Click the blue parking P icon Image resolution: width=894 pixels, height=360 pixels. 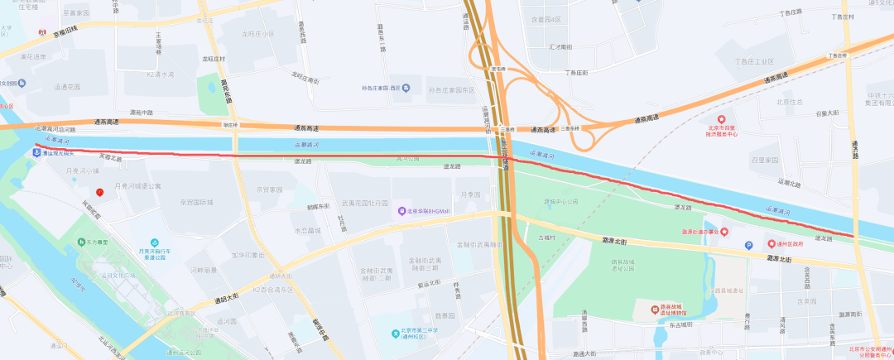(x=750, y=245)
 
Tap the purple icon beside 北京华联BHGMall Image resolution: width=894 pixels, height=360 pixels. (x=401, y=211)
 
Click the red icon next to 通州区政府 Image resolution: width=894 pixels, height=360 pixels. (x=769, y=244)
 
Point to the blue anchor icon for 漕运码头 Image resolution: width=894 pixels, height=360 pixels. (x=36, y=154)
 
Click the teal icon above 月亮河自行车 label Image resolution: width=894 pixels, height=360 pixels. (x=153, y=241)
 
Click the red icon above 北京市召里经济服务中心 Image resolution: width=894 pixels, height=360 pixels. (x=720, y=121)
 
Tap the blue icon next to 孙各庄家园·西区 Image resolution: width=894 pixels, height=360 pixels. (x=405, y=89)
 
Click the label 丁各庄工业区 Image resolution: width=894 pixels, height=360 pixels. (x=753, y=62)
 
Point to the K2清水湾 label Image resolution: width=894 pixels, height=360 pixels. (x=160, y=74)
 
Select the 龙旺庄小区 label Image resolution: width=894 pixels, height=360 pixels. (x=257, y=34)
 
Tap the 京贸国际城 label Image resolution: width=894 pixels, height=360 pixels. (x=197, y=202)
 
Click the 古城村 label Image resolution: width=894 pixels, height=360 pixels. (x=548, y=238)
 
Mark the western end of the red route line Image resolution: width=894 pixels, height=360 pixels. (x=36, y=146)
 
